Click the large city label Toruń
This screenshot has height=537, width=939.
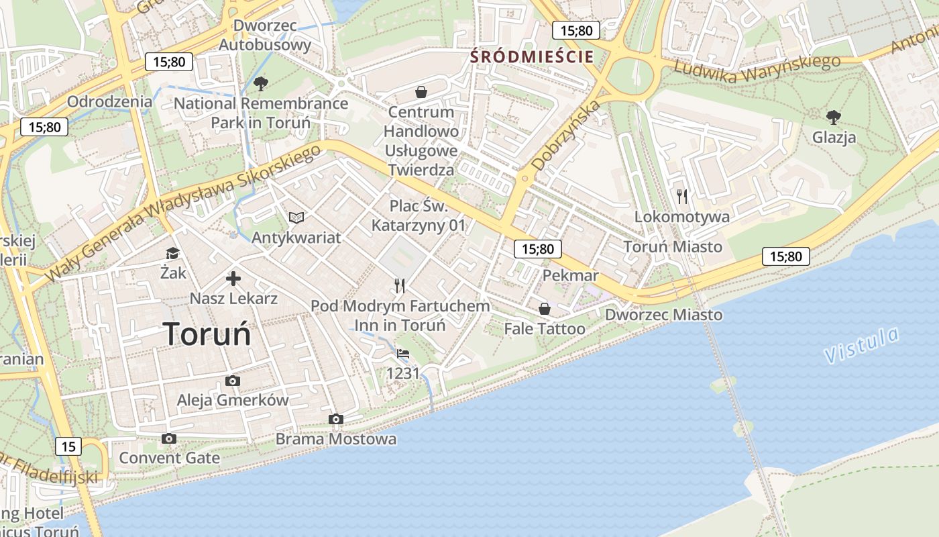[207, 334]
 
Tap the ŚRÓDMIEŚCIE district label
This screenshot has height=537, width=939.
[532, 56]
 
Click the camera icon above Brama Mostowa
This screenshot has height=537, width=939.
[336, 420]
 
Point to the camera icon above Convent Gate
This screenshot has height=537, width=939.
[169, 439]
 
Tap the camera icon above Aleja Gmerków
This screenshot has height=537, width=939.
[232, 381]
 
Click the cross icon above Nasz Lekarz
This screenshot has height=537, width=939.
[233, 279]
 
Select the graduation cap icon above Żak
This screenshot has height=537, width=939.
[173, 253]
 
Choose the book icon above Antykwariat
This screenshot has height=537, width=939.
[296, 217]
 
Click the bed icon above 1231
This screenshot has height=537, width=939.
[402, 354]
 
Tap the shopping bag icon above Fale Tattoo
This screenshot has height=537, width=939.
[545, 309]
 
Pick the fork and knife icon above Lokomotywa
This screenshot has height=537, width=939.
[682, 197]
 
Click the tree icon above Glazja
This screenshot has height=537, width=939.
[834, 117]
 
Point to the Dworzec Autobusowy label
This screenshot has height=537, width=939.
[265, 36]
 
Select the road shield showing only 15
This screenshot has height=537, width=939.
[68, 446]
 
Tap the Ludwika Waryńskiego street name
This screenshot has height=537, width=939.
[757, 70]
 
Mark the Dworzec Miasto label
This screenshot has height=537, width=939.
[663, 315]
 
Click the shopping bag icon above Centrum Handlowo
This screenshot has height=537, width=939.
[421, 92]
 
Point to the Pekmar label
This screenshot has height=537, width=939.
[570, 276]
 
